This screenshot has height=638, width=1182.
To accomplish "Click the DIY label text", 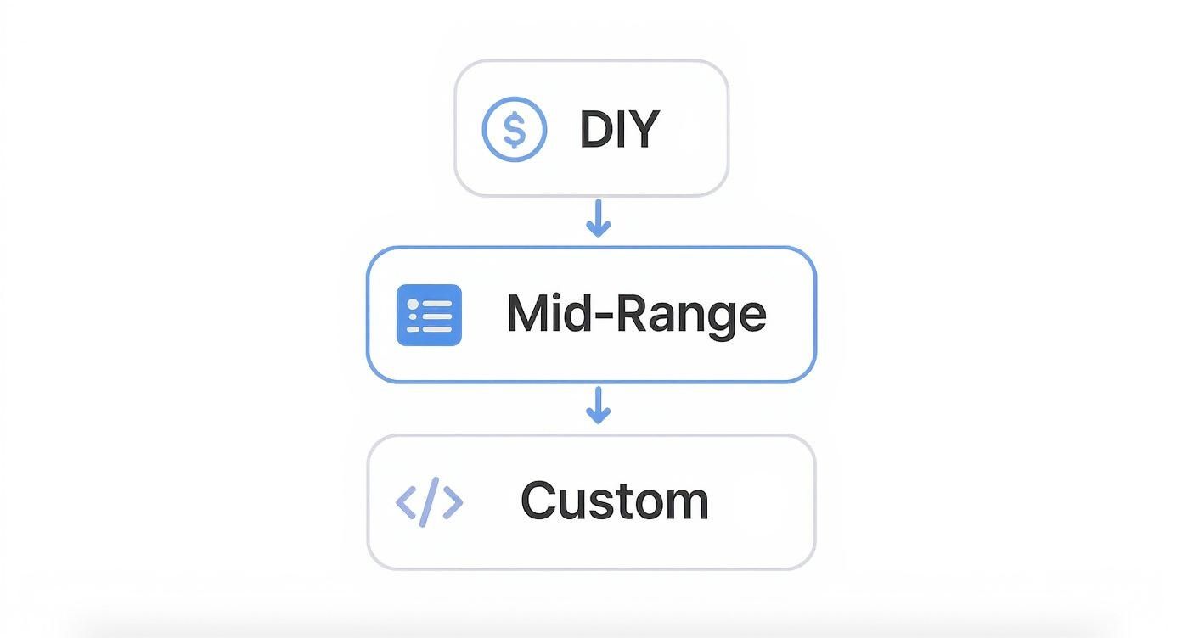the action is (x=620, y=129).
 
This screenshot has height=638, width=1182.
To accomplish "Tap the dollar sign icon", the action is (x=515, y=129).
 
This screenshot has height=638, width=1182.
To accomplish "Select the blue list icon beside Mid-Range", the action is (x=429, y=315).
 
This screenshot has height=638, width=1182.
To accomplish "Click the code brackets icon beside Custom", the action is (x=429, y=502).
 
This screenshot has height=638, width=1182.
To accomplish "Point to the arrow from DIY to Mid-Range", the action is (x=599, y=218).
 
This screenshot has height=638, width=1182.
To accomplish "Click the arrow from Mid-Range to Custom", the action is (x=599, y=405).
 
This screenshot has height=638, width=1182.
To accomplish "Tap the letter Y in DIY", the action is (x=644, y=129).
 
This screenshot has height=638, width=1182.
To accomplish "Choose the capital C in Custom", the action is (x=539, y=500).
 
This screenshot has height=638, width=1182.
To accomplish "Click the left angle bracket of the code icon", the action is (x=406, y=502).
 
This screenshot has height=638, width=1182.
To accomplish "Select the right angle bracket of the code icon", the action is (x=453, y=502).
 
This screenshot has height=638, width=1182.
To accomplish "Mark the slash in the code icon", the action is (x=429, y=502).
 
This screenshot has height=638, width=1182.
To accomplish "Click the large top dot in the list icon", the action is (x=413, y=305).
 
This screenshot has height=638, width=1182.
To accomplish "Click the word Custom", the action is (x=614, y=500).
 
